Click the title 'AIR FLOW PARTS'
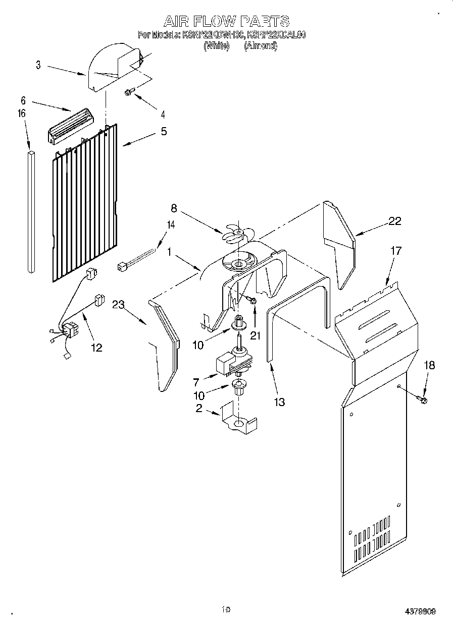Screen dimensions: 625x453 226,21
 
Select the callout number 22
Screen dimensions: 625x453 394,220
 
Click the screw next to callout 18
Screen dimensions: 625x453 423,400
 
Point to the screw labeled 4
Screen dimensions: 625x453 130,92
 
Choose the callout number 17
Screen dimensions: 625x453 397,250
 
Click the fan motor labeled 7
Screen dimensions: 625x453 230,361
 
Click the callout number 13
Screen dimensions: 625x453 279,402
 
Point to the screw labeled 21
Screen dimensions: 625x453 252,301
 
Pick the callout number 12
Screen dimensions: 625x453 96,347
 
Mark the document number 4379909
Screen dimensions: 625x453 420,611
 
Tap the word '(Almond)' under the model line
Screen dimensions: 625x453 261,45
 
